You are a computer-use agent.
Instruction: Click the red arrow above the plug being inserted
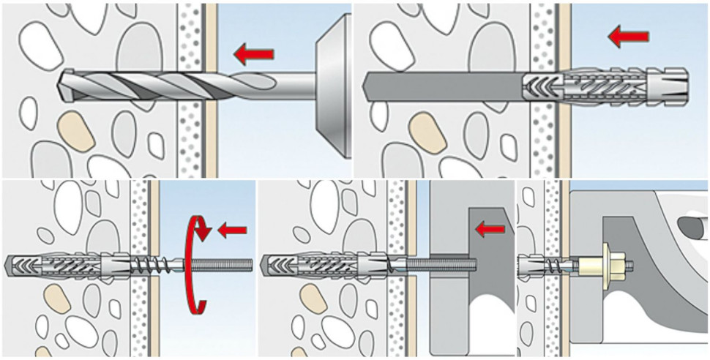(627, 34)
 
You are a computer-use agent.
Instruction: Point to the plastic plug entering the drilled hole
(608, 86)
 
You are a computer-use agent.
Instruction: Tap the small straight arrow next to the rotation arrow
(232, 230)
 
